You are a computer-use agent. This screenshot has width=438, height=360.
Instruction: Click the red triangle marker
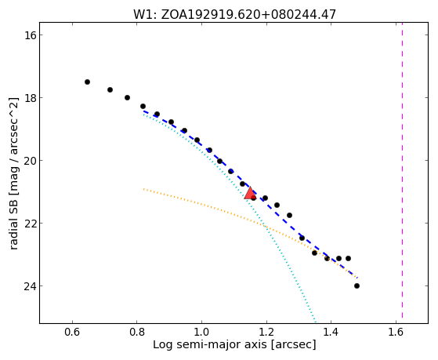coord(250,193)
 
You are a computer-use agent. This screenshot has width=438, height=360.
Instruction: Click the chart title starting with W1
coord(234,14)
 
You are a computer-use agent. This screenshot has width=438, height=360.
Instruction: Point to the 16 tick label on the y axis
coord(29,35)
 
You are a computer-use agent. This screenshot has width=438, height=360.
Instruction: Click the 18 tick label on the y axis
coord(29,97)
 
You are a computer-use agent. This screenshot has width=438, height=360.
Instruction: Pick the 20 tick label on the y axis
coord(29,161)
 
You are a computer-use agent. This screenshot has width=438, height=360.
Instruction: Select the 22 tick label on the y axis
coord(29,224)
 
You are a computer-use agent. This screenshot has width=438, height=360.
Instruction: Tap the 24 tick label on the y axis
coord(29,285)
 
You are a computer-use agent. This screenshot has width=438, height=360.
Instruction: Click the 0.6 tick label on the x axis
coord(72,332)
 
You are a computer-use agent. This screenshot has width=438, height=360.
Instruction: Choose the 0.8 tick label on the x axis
coord(137,332)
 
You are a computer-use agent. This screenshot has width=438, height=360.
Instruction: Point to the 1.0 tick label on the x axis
coord(201,332)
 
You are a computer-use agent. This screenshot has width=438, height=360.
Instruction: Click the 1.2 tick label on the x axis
coord(266,332)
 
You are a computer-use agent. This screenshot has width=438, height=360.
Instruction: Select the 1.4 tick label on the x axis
coord(331,332)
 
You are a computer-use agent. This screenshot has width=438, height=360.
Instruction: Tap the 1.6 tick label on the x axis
coord(396,332)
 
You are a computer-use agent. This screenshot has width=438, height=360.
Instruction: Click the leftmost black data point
coord(87,82)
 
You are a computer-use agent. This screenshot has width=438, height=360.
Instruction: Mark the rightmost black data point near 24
coord(357,285)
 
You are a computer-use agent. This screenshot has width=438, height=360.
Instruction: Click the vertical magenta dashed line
coord(402,170)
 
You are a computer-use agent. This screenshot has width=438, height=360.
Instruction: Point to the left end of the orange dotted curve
coord(143,189)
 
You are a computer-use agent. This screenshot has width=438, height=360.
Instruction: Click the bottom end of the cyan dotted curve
coord(316,322)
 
